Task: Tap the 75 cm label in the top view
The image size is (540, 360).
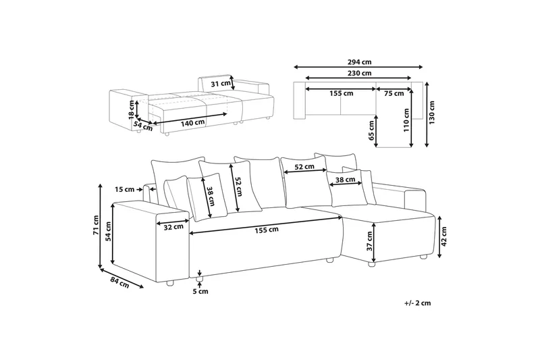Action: [394, 94]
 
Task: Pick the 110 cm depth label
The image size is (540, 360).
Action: [407, 120]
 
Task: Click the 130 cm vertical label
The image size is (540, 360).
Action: [432, 115]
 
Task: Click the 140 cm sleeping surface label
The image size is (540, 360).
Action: [192, 122]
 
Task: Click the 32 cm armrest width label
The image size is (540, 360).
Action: [173, 226]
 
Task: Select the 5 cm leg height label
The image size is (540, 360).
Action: [200, 292]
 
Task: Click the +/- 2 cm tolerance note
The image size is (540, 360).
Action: [417, 303]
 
